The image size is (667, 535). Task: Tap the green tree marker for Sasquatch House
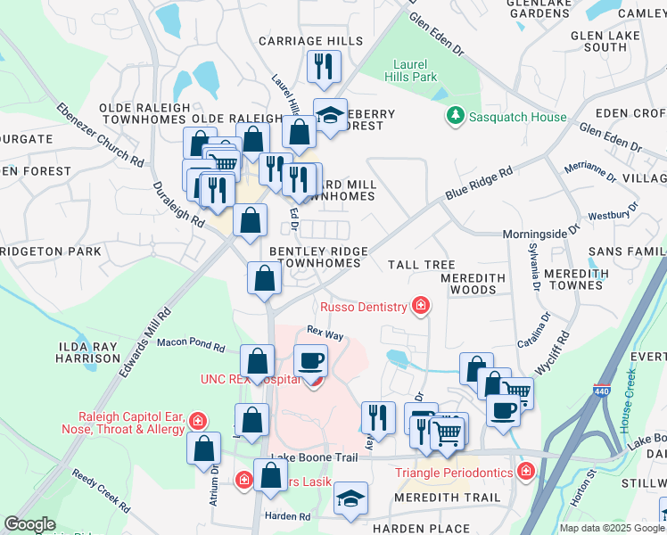click(456, 116)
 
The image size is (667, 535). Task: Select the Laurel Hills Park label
click(413, 71)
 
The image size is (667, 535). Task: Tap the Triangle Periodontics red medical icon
click(526, 471)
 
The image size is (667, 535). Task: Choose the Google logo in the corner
click(29, 524)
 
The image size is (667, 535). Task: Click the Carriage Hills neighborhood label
click(310, 41)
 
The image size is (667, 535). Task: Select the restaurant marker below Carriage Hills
click(324, 65)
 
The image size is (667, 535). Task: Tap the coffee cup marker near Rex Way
click(310, 360)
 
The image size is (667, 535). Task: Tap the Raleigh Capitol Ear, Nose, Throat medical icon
click(196, 419)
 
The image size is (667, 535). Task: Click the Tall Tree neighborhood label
click(422, 265)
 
